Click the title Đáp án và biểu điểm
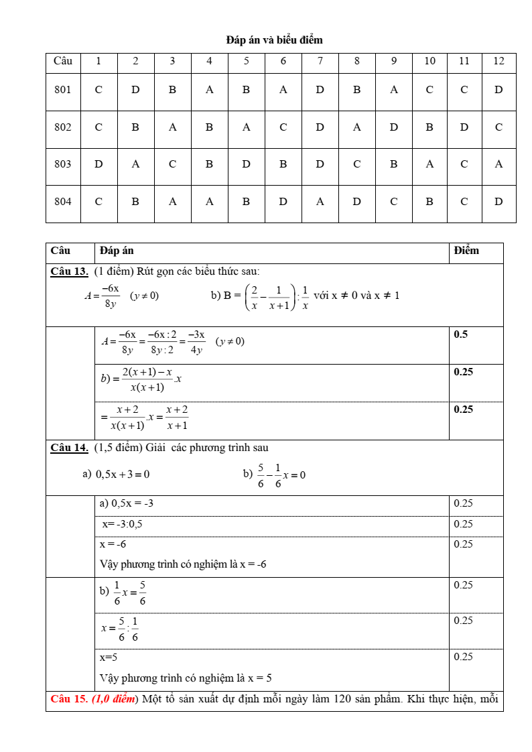pyautogui.click(x=274, y=40)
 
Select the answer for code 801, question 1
pyautogui.click(x=98, y=90)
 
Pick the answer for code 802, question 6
pyautogui.click(x=283, y=127)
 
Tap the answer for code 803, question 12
pyautogui.click(x=498, y=164)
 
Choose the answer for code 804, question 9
pyautogui.click(x=393, y=201)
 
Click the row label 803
pyautogui.click(x=63, y=164)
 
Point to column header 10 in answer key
pyautogui.click(x=429, y=61)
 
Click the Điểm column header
pyautogui.click(x=466, y=251)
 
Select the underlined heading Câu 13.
pyautogui.click(x=69, y=271)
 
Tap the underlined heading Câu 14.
pyautogui.click(x=69, y=448)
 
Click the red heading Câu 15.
pyautogui.click(x=69, y=699)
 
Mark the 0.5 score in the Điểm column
pyautogui.click(x=461, y=334)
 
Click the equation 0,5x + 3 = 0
pyautogui.click(x=123, y=475)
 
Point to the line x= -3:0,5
pyautogui.click(x=122, y=524)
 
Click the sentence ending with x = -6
pyautogui.click(x=183, y=564)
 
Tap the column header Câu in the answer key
pyautogui.click(x=63, y=61)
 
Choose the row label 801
pyautogui.click(x=63, y=90)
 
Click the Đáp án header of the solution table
pyautogui.click(x=117, y=251)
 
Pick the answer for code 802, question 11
pyautogui.click(x=464, y=127)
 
